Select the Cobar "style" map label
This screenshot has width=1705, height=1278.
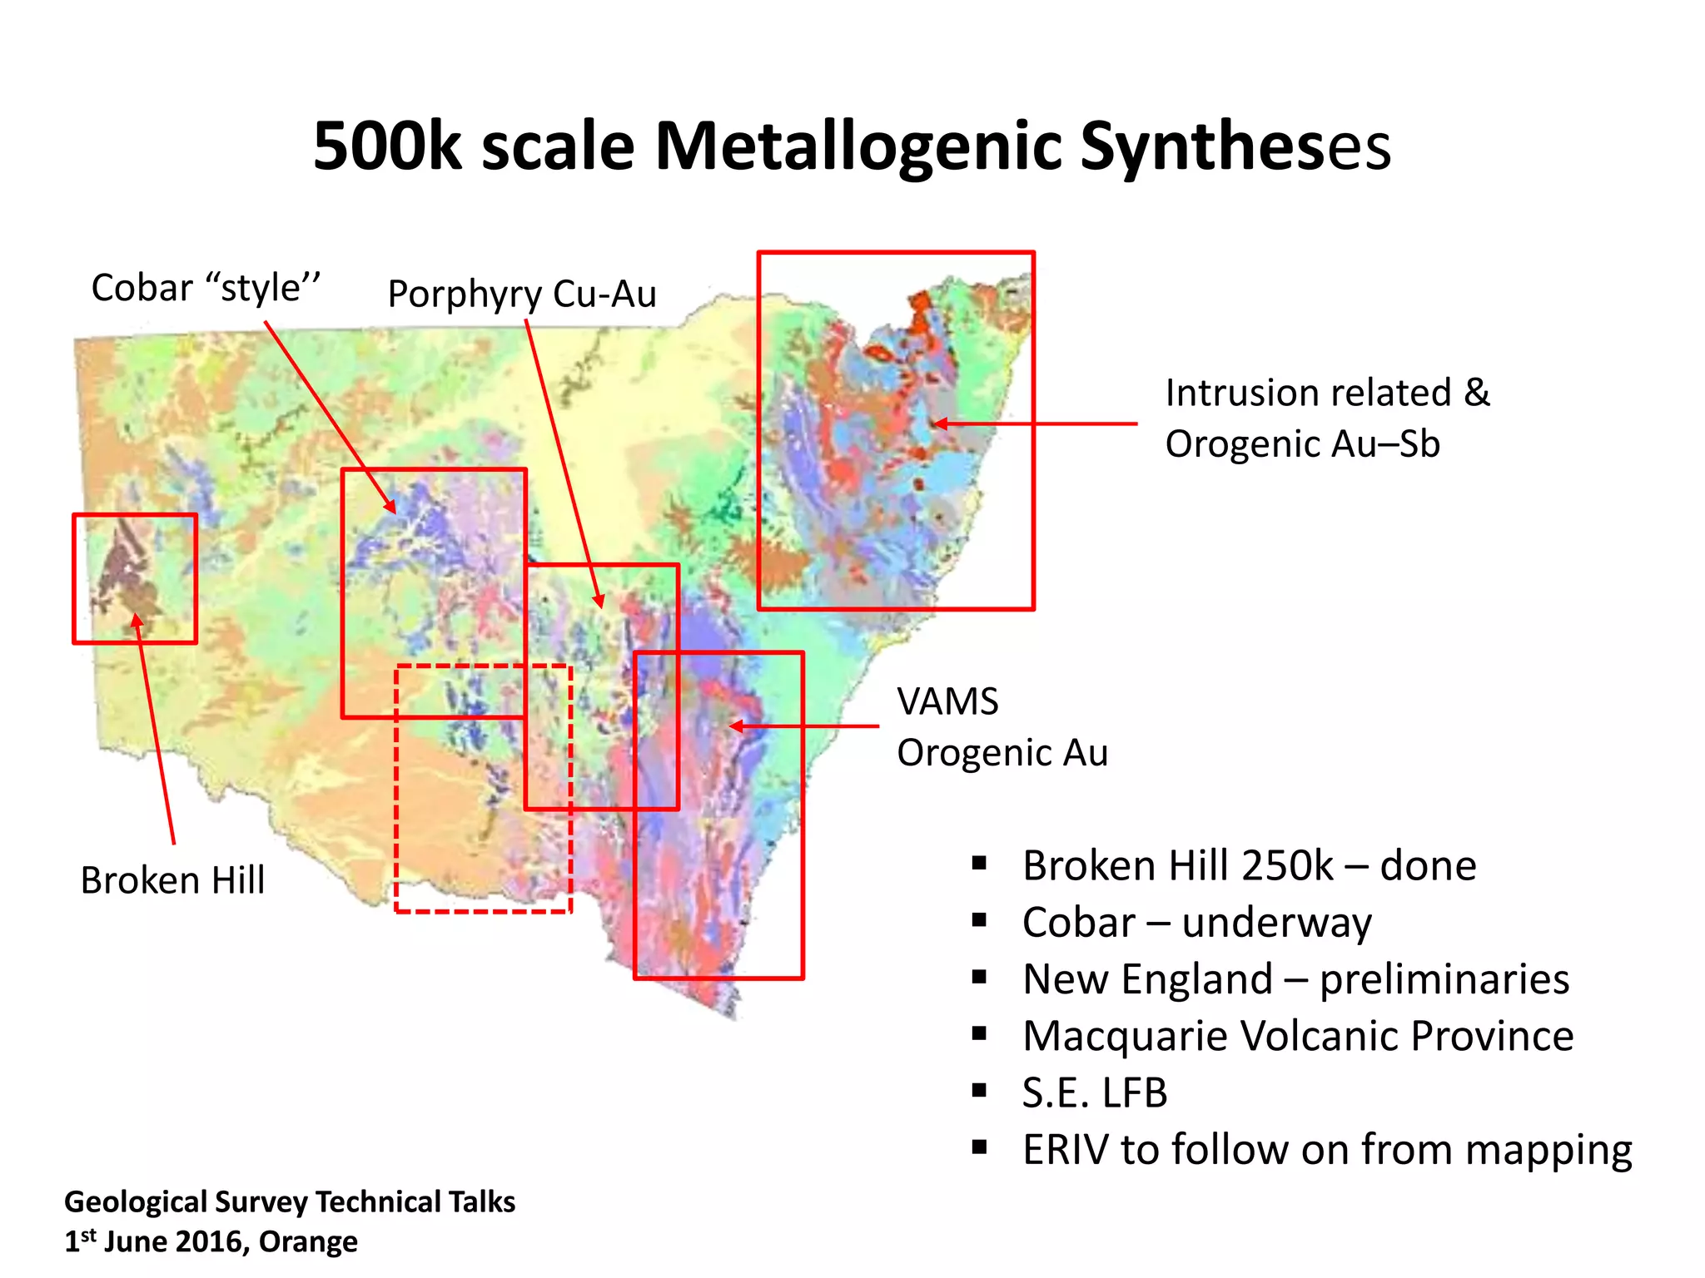pos(206,288)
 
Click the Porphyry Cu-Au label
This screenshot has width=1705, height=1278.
pos(522,294)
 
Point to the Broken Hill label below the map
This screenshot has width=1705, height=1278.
pos(172,880)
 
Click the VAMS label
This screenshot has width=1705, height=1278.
pos(947,701)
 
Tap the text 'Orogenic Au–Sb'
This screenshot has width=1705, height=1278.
pos(1302,443)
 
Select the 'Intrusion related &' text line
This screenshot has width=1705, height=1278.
pos(1327,393)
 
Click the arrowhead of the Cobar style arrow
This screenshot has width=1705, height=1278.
pos(390,507)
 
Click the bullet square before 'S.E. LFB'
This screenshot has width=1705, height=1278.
pos(979,1090)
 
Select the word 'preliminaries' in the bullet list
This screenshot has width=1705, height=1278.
pos(1444,979)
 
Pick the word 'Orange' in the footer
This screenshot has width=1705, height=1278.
pos(308,1241)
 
